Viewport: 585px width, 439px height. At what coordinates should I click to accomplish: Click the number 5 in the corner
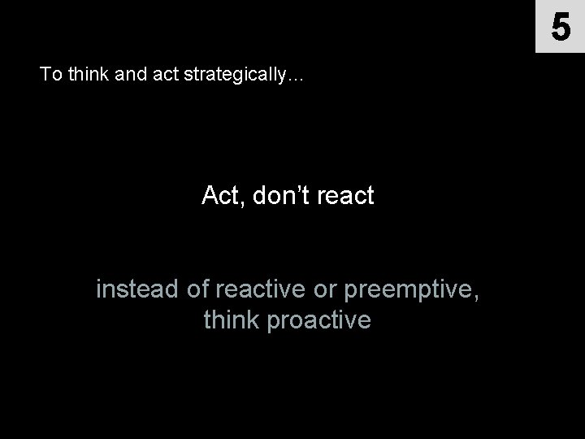coord(561,27)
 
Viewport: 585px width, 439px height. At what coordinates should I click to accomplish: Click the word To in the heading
coord(50,76)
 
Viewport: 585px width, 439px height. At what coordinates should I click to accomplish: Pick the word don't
coord(279,196)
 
